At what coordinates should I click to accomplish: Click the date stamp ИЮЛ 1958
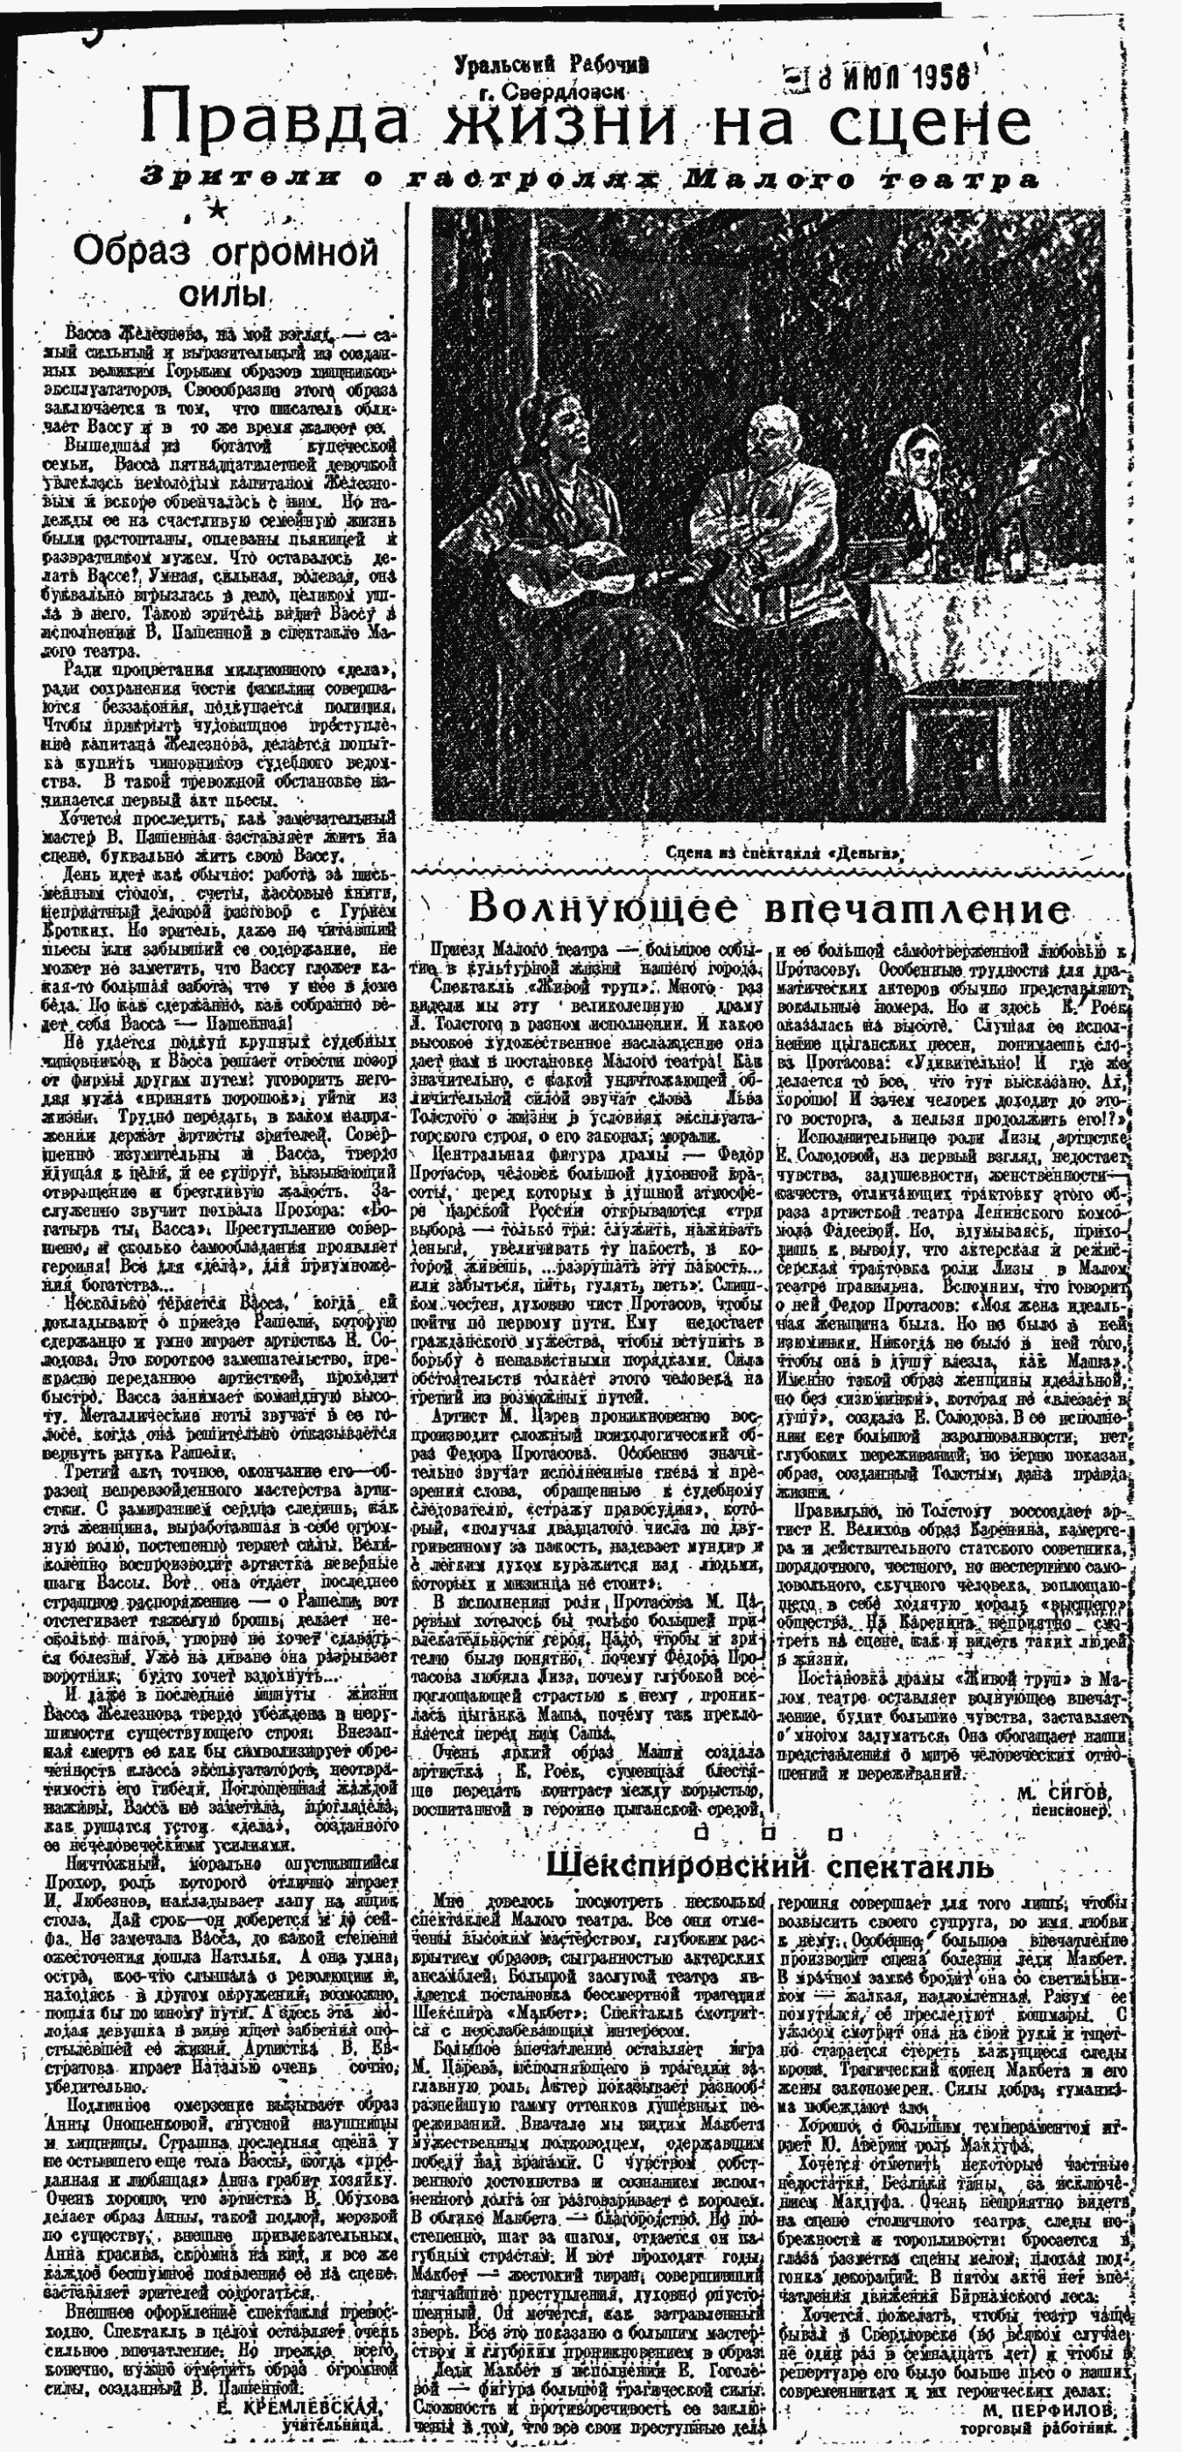coord(885,75)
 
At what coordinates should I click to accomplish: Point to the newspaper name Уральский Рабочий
coord(552,65)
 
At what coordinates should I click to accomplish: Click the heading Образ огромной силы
coord(227,270)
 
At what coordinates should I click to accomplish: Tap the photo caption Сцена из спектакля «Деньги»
coord(784,853)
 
